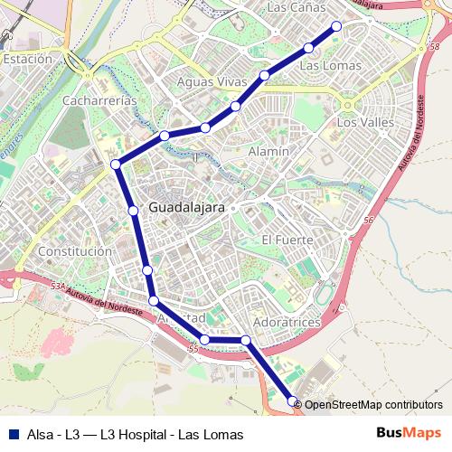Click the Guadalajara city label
point(186,206)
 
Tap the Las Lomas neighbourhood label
point(330,65)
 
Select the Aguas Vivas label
point(212,82)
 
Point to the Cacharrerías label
point(99,100)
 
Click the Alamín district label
point(268,151)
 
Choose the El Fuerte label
point(287,240)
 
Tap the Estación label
point(27,58)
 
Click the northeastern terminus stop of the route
point(337,26)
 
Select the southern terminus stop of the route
point(292,400)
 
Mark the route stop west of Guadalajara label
point(133,211)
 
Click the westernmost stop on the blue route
point(115,164)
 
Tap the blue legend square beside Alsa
point(13,434)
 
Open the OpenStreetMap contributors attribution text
point(373,405)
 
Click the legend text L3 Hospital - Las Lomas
point(173,435)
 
